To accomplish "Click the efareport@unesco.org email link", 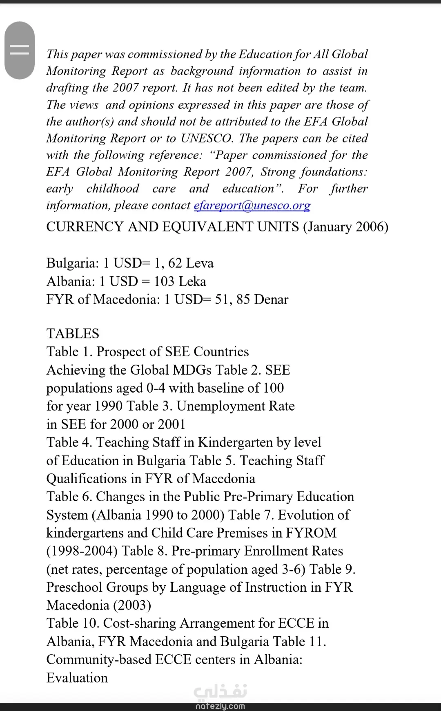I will (x=252, y=205).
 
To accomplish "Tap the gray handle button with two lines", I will (x=19, y=50).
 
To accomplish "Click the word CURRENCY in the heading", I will (x=85, y=227).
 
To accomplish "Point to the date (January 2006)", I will (x=345, y=227).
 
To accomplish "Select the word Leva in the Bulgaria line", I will (x=199, y=263).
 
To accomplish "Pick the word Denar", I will (x=271, y=300).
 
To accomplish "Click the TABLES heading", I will (x=73, y=333).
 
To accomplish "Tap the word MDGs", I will (x=192, y=370).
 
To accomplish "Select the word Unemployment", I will (x=220, y=406).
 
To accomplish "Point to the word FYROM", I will (x=311, y=533).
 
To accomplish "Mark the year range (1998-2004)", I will (x=82, y=551).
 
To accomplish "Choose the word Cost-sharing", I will (x=140, y=623).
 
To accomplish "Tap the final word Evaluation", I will (x=77, y=678).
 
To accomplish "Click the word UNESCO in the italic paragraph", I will (x=207, y=138).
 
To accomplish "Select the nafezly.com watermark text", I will (x=220, y=706).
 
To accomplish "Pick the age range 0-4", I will (x=156, y=388).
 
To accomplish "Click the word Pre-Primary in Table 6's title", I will (x=258, y=497).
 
